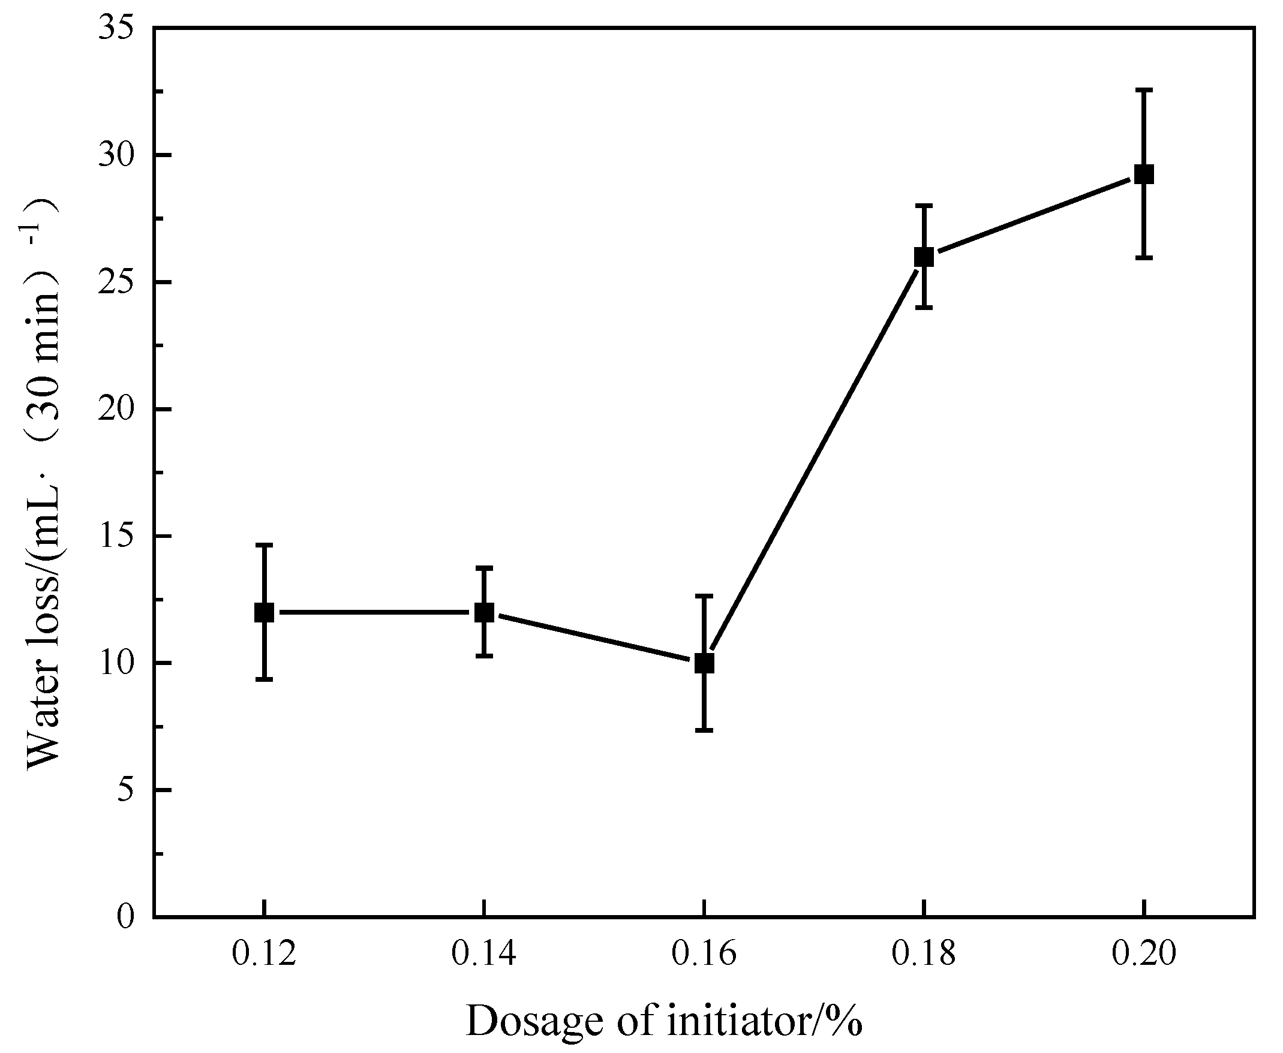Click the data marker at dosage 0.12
click(x=264, y=612)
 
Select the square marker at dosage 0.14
click(x=484, y=612)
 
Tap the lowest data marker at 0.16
click(x=704, y=663)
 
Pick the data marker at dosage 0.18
click(x=924, y=257)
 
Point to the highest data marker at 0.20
click(x=1143, y=175)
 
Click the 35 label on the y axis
click(x=115, y=29)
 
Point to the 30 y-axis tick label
click(x=115, y=155)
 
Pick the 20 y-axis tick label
click(x=115, y=410)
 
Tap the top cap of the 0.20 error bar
click(x=1143, y=90)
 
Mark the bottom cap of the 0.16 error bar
click(x=704, y=730)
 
